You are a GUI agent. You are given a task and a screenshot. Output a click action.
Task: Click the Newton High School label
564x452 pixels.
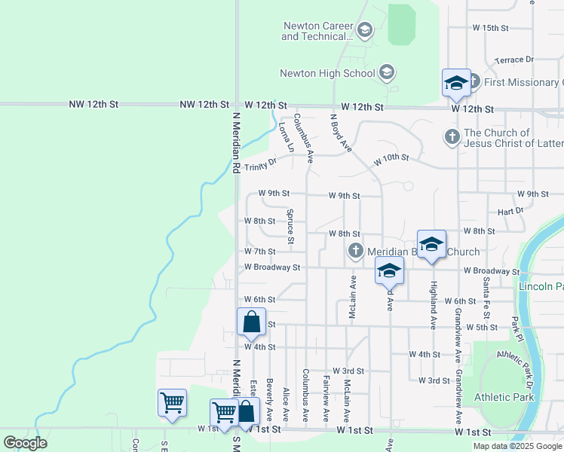[x=327, y=73]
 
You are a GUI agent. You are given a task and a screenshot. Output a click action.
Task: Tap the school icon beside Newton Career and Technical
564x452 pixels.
[x=365, y=31]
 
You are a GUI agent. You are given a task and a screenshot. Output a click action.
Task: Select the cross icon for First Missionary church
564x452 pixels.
[x=474, y=81]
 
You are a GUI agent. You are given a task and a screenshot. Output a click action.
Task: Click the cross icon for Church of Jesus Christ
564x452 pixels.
[x=452, y=136]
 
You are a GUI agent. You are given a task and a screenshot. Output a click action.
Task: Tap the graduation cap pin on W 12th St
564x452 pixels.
[x=456, y=83]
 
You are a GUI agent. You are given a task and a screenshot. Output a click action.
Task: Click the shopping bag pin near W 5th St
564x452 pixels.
[x=252, y=322]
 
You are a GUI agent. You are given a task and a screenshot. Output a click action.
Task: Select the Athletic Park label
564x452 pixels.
[x=504, y=397]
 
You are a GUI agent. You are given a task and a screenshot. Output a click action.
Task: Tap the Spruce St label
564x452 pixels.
[x=290, y=227]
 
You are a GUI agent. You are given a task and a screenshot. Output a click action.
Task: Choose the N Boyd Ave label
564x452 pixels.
[x=340, y=133]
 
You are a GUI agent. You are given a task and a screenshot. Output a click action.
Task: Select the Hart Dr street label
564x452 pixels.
[x=510, y=212]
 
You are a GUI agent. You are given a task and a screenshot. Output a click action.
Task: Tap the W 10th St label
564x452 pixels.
[x=391, y=160]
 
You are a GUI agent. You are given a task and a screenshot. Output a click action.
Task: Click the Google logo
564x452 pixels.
[x=25, y=443]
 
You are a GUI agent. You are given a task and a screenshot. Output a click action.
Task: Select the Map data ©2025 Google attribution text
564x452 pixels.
[x=517, y=446]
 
